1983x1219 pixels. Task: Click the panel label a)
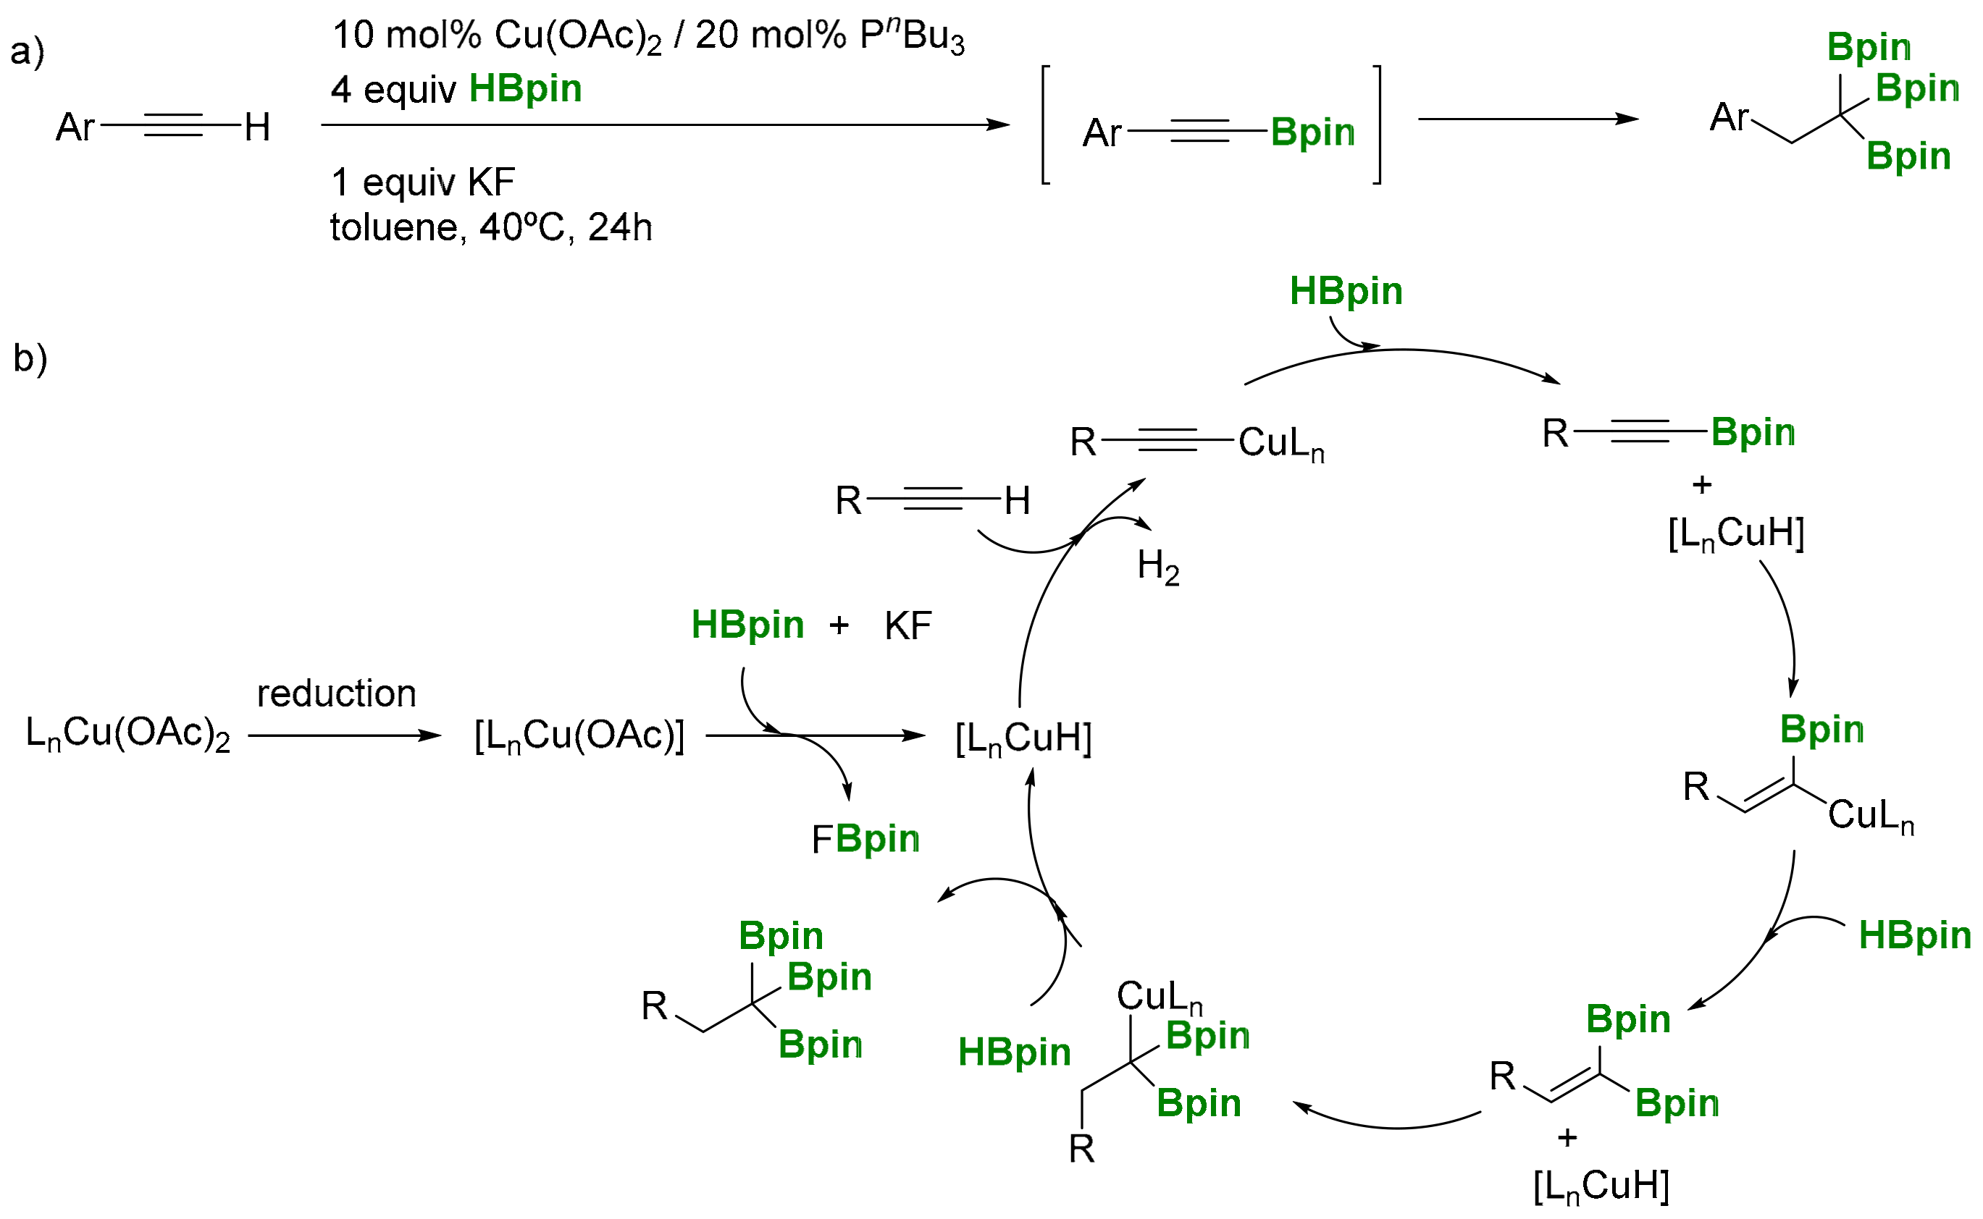coord(27,51)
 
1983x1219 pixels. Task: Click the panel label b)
coord(30,358)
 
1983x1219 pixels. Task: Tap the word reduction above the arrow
coord(336,694)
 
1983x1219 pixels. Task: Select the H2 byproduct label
coord(1158,567)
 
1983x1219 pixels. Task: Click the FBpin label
coord(865,839)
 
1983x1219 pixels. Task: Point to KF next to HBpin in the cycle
coord(908,626)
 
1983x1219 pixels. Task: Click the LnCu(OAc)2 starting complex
coord(127,735)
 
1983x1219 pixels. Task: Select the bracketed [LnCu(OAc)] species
coord(579,736)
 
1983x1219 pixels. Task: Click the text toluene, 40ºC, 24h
coord(491,227)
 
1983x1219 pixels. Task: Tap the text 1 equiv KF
coord(422,182)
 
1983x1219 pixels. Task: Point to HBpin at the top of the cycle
coord(1346,291)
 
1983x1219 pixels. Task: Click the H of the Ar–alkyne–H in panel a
coord(257,127)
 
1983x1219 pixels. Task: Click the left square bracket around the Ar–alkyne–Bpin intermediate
coord(1046,125)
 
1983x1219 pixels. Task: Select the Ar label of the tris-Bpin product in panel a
coord(1728,118)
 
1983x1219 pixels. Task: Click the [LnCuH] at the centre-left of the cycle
coord(1023,738)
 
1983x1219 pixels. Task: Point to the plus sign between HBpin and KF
coord(839,625)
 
